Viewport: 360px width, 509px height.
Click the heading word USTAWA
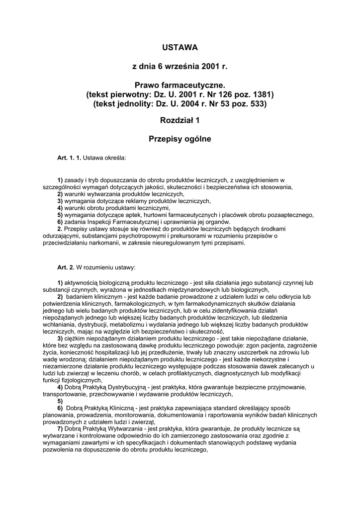pos(180,48)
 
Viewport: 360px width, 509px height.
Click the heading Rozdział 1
pos(180,121)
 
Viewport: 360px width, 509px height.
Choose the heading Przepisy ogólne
pos(180,139)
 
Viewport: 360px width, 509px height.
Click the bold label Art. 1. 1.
pos(69,159)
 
